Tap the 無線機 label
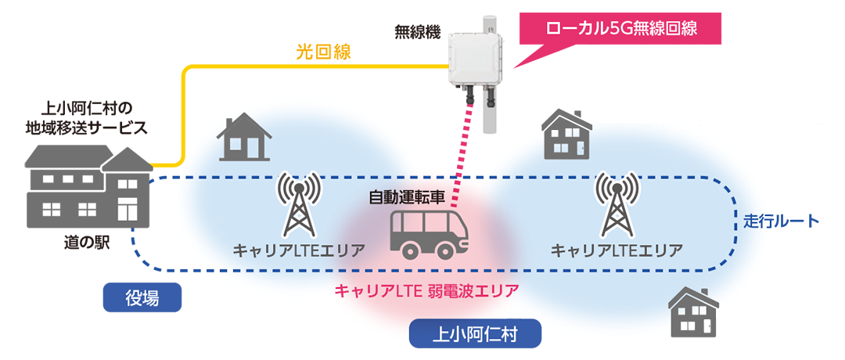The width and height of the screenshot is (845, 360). coord(417,33)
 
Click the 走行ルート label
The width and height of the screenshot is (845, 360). coord(781,221)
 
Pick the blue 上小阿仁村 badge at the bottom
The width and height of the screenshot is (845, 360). coord(475,335)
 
